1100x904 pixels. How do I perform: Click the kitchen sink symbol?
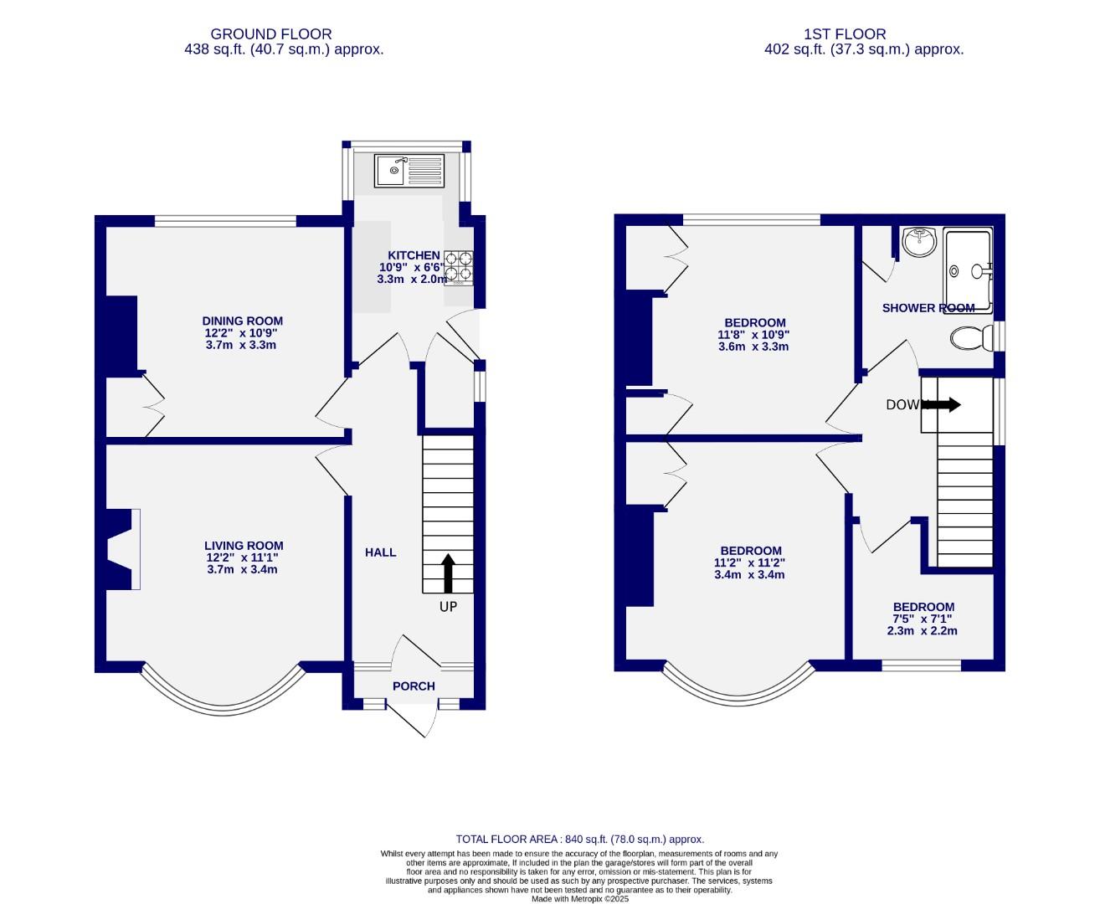tap(409, 171)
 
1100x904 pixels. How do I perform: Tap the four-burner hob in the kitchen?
tap(458, 267)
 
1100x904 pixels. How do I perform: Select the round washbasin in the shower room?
tap(921, 243)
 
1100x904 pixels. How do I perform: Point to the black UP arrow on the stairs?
tap(448, 573)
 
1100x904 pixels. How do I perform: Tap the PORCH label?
tap(414, 686)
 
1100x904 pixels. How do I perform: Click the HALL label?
tap(380, 552)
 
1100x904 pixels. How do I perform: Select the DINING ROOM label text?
tap(243, 321)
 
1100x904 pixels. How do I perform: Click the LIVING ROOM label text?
tap(244, 546)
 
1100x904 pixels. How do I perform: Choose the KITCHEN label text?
tap(413, 255)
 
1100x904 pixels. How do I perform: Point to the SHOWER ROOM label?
tap(928, 308)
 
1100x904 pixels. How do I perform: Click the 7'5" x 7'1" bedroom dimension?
tap(923, 619)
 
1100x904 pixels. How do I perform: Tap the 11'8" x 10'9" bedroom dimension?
tap(753, 335)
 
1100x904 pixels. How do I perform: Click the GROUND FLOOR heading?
tap(270, 34)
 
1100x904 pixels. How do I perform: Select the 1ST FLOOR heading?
tap(844, 34)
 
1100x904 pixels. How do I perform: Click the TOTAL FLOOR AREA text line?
tap(579, 839)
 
